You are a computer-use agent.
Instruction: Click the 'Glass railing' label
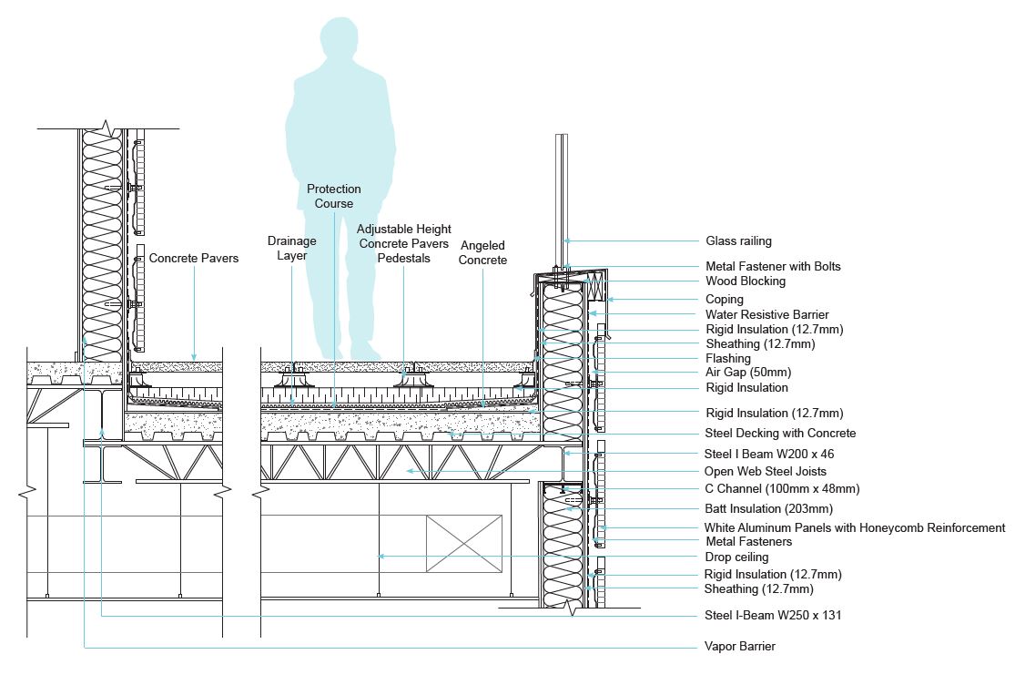coord(738,241)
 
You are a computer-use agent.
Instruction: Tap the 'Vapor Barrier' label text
coord(740,647)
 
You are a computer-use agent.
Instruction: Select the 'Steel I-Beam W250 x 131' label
coord(773,616)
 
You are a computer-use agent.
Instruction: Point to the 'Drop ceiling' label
coord(736,557)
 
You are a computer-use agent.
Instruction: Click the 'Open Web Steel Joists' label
coord(766,471)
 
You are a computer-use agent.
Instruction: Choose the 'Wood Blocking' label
coord(746,281)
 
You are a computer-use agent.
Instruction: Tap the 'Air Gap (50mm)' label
coord(748,373)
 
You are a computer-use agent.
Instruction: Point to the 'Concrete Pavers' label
coord(194,259)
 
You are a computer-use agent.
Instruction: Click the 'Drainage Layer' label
coord(292,248)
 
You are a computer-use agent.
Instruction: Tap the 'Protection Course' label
coord(333,196)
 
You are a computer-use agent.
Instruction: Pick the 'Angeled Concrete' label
coord(482,253)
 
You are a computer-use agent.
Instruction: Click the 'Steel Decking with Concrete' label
coord(780,433)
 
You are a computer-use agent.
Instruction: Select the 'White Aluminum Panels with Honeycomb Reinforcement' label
coord(855,527)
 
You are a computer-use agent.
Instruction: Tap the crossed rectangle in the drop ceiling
coord(464,544)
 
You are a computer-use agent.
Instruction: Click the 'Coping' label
coord(725,299)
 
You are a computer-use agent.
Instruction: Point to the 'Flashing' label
coord(728,358)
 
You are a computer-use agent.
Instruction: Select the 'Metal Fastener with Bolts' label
coord(773,267)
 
